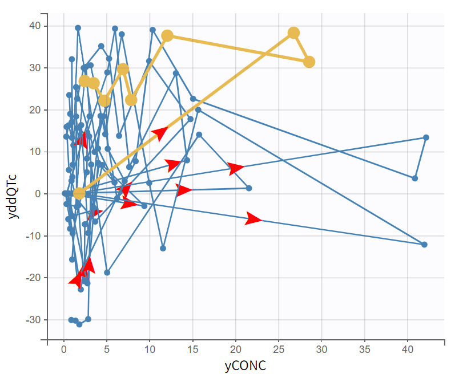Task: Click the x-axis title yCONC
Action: pyautogui.click(x=245, y=365)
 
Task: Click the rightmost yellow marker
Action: pyautogui.click(x=309, y=62)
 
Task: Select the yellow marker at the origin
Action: pyautogui.click(x=79, y=193)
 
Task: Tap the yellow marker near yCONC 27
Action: pyautogui.click(x=293, y=33)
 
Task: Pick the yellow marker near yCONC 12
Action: pyautogui.click(x=167, y=36)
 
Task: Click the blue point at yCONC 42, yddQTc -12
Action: pyautogui.click(x=424, y=245)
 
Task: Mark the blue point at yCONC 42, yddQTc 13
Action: pyautogui.click(x=426, y=137)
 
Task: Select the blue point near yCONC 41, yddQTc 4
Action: pyautogui.click(x=415, y=178)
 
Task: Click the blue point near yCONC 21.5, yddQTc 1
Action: pyautogui.click(x=249, y=188)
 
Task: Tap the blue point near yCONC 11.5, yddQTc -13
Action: pyautogui.click(x=163, y=248)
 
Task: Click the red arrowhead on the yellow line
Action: pyautogui.click(x=160, y=133)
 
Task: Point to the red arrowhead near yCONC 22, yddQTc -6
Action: pyautogui.click(x=253, y=219)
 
